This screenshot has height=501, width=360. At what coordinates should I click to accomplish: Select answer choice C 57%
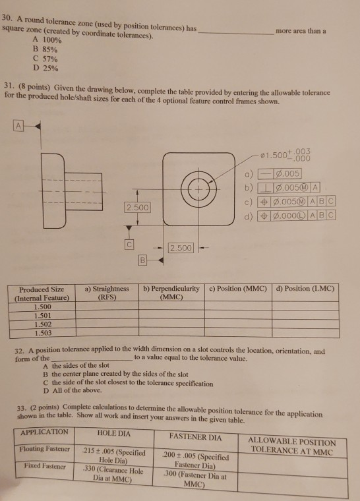point(45,58)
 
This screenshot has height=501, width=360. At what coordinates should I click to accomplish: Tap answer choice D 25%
point(45,68)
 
